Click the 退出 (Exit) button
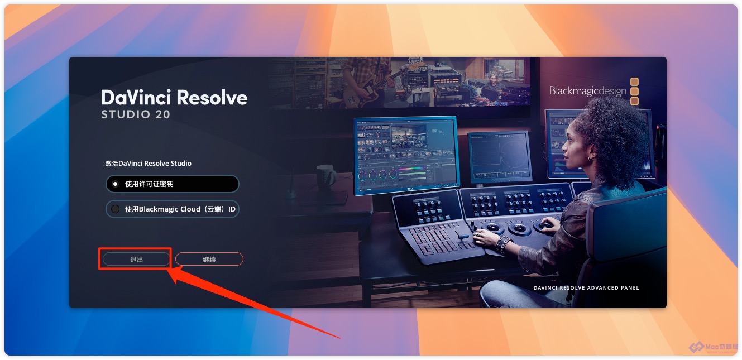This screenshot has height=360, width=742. [136, 260]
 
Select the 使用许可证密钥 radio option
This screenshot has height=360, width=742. [173, 184]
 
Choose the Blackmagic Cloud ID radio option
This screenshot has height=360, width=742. [173, 209]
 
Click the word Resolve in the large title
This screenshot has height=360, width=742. [212, 98]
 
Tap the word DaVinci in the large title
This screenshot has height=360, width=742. [136, 98]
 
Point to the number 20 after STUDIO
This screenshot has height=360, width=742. [162, 114]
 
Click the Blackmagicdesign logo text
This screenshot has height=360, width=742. [588, 91]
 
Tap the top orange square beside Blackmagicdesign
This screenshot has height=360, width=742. [634, 81]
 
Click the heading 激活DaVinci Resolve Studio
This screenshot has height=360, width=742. [149, 164]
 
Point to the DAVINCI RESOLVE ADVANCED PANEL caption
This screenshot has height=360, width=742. [586, 288]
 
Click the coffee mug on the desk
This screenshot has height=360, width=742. [326, 177]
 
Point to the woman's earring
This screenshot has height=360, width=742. [590, 159]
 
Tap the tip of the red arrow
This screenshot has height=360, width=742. [167, 269]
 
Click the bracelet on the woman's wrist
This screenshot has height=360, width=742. [502, 243]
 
